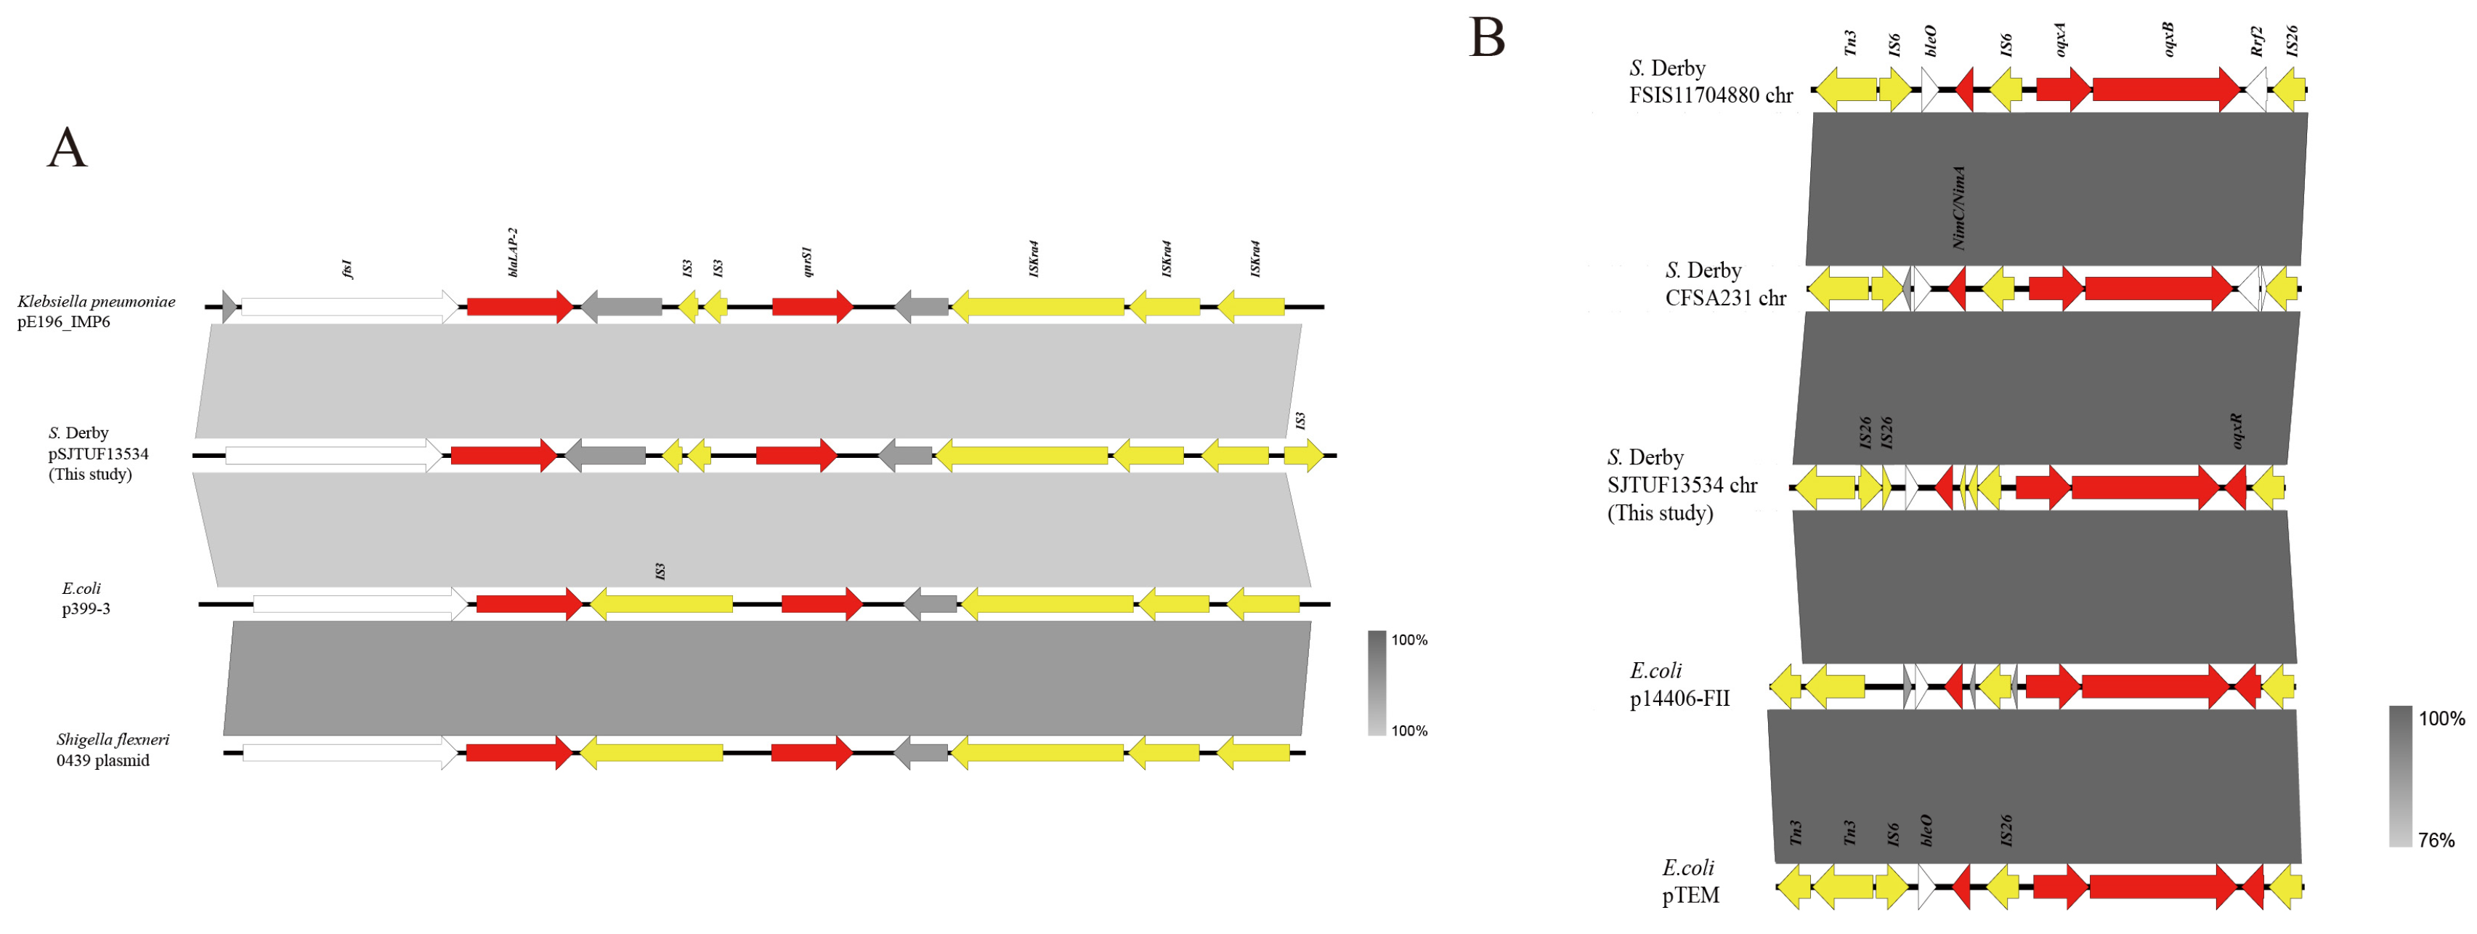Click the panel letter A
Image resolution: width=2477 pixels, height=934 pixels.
coord(68,148)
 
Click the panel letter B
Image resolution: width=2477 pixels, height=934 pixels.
coord(1487,39)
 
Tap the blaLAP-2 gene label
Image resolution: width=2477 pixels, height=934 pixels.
coord(513,253)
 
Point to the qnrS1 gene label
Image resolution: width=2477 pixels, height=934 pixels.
coord(807,262)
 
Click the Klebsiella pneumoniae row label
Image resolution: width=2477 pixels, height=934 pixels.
coord(95,310)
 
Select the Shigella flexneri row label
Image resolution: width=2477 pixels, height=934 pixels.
coord(112,749)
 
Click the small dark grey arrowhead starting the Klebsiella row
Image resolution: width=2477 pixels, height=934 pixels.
coord(230,307)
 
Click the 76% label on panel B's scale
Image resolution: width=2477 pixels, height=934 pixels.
coord(2436,840)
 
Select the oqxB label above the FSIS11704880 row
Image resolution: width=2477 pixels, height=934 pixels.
coord(2168,39)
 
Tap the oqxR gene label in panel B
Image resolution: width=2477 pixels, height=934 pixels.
coord(2236,431)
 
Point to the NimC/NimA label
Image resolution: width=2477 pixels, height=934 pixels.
coord(1958,207)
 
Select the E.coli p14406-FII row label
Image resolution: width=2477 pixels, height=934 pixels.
coord(1678,684)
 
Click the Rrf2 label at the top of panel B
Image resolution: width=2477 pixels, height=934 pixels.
coord(2257,41)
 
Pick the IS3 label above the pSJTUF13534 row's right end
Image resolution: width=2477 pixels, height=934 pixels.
coord(1300,420)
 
